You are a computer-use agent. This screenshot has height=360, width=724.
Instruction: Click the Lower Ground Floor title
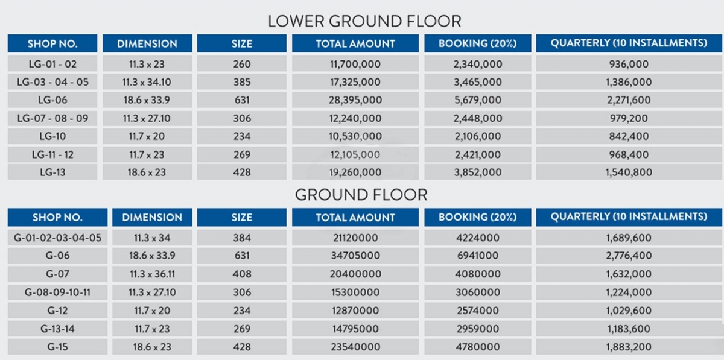(x=364, y=21)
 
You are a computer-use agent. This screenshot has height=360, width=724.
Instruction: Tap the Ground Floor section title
(x=361, y=195)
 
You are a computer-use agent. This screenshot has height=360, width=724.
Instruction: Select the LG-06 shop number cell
(x=52, y=100)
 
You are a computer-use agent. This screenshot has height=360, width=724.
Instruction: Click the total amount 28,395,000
(x=355, y=100)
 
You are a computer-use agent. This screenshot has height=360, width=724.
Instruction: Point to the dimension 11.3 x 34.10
(x=147, y=82)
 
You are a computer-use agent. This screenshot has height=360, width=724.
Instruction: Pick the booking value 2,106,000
(x=478, y=136)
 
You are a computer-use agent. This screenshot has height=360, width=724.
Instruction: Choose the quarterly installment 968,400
(x=629, y=154)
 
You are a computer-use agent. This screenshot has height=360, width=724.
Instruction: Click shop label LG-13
(x=52, y=172)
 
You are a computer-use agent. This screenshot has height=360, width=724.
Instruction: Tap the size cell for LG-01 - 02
(x=242, y=64)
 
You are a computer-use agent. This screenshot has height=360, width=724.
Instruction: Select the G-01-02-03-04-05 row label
(x=57, y=238)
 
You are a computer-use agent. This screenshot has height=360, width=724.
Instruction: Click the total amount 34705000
(x=355, y=256)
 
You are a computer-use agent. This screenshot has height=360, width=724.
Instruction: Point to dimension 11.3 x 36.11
(x=152, y=274)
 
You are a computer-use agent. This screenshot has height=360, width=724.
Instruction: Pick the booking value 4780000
(x=478, y=347)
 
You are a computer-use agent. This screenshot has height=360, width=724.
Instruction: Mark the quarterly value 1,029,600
(x=629, y=311)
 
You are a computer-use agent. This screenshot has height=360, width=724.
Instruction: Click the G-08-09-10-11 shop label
(x=57, y=292)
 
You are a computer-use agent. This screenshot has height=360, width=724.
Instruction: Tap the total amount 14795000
(x=355, y=329)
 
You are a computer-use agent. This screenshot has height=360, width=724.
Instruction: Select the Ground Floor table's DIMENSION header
(x=152, y=217)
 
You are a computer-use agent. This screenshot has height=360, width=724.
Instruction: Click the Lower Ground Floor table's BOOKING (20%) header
(x=478, y=43)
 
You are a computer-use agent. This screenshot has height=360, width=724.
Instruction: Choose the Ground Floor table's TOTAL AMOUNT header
(x=355, y=217)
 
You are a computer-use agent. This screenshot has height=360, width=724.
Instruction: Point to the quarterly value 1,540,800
(x=629, y=172)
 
